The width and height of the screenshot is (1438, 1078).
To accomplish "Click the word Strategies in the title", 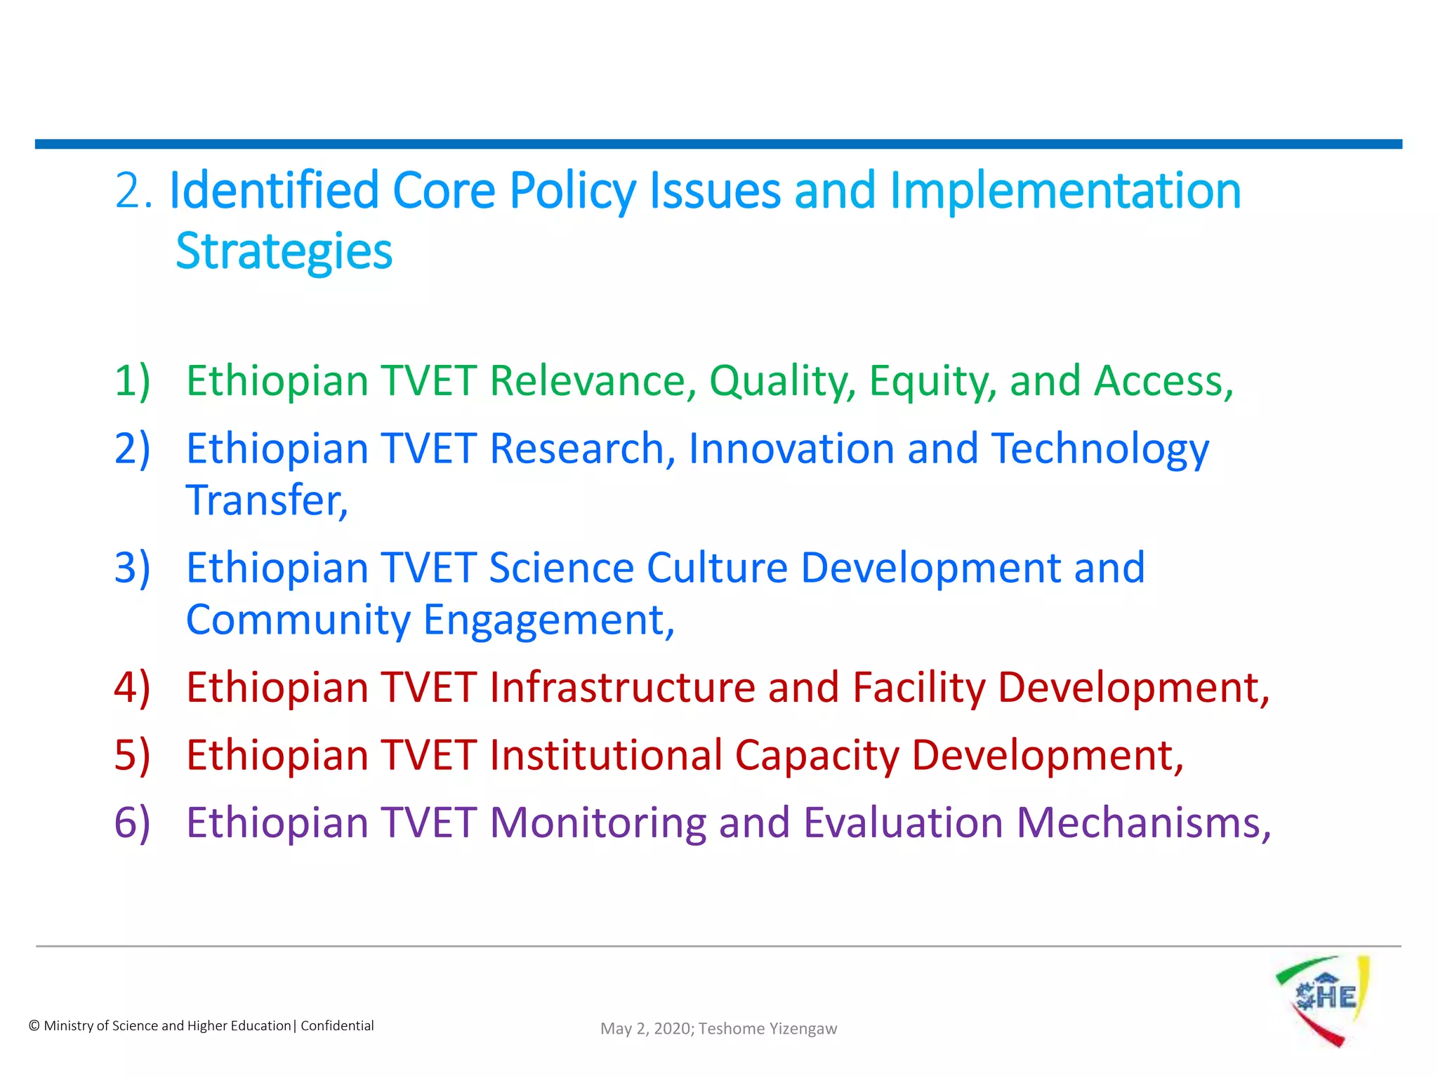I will (284, 251).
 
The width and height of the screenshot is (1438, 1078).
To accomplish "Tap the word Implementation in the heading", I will (1065, 190).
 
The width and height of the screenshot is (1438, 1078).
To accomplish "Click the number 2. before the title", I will (133, 190).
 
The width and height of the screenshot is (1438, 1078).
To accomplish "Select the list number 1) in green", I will (132, 381).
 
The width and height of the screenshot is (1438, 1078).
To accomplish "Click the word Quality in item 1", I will (782, 381).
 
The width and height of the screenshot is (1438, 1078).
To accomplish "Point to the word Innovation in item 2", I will (791, 448).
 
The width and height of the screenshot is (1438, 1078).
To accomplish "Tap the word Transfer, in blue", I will (267, 500).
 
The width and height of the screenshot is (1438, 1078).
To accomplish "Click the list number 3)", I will (132, 568).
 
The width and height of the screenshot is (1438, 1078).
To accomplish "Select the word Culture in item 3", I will (717, 568).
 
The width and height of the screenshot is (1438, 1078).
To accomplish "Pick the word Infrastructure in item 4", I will (622, 687).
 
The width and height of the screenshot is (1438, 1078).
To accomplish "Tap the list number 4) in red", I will (132, 687).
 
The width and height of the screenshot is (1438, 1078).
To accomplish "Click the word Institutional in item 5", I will (606, 755).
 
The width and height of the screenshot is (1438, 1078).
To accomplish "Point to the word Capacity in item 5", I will (817, 755).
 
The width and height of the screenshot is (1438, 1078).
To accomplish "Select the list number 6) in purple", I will (132, 823).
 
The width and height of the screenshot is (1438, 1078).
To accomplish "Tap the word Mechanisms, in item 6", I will (1143, 823).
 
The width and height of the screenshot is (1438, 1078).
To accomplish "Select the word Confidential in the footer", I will (337, 1025).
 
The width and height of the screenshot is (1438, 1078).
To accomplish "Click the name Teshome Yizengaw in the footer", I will (767, 1028).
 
